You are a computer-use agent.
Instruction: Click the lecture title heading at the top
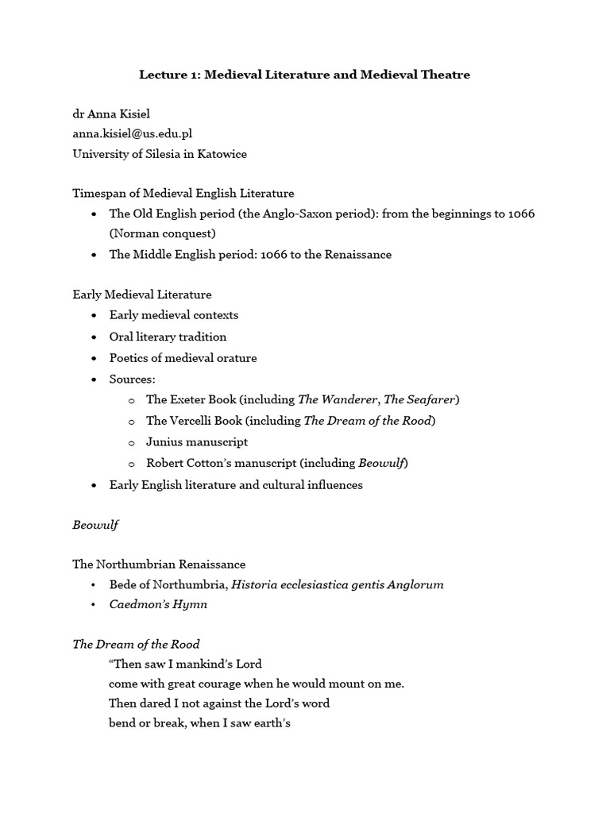click(304, 75)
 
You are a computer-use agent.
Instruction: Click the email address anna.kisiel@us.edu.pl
click(133, 133)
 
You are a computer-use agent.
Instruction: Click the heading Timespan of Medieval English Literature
click(183, 193)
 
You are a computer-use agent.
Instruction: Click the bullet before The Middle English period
click(95, 255)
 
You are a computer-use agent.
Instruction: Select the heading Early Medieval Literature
click(142, 295)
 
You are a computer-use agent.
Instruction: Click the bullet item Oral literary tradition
click(168, 336)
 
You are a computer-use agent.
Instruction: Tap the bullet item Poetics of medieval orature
click(183, 357)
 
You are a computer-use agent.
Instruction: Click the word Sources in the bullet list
click(132, 379)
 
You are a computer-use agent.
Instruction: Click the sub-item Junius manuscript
click(197, 441)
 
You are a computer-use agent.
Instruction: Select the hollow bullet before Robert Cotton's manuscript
click(131, 463)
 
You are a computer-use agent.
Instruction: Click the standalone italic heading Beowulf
click(95, 524)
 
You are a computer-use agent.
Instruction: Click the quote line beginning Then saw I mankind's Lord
click(186, 664)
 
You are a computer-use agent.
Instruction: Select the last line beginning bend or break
click(200, 723)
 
